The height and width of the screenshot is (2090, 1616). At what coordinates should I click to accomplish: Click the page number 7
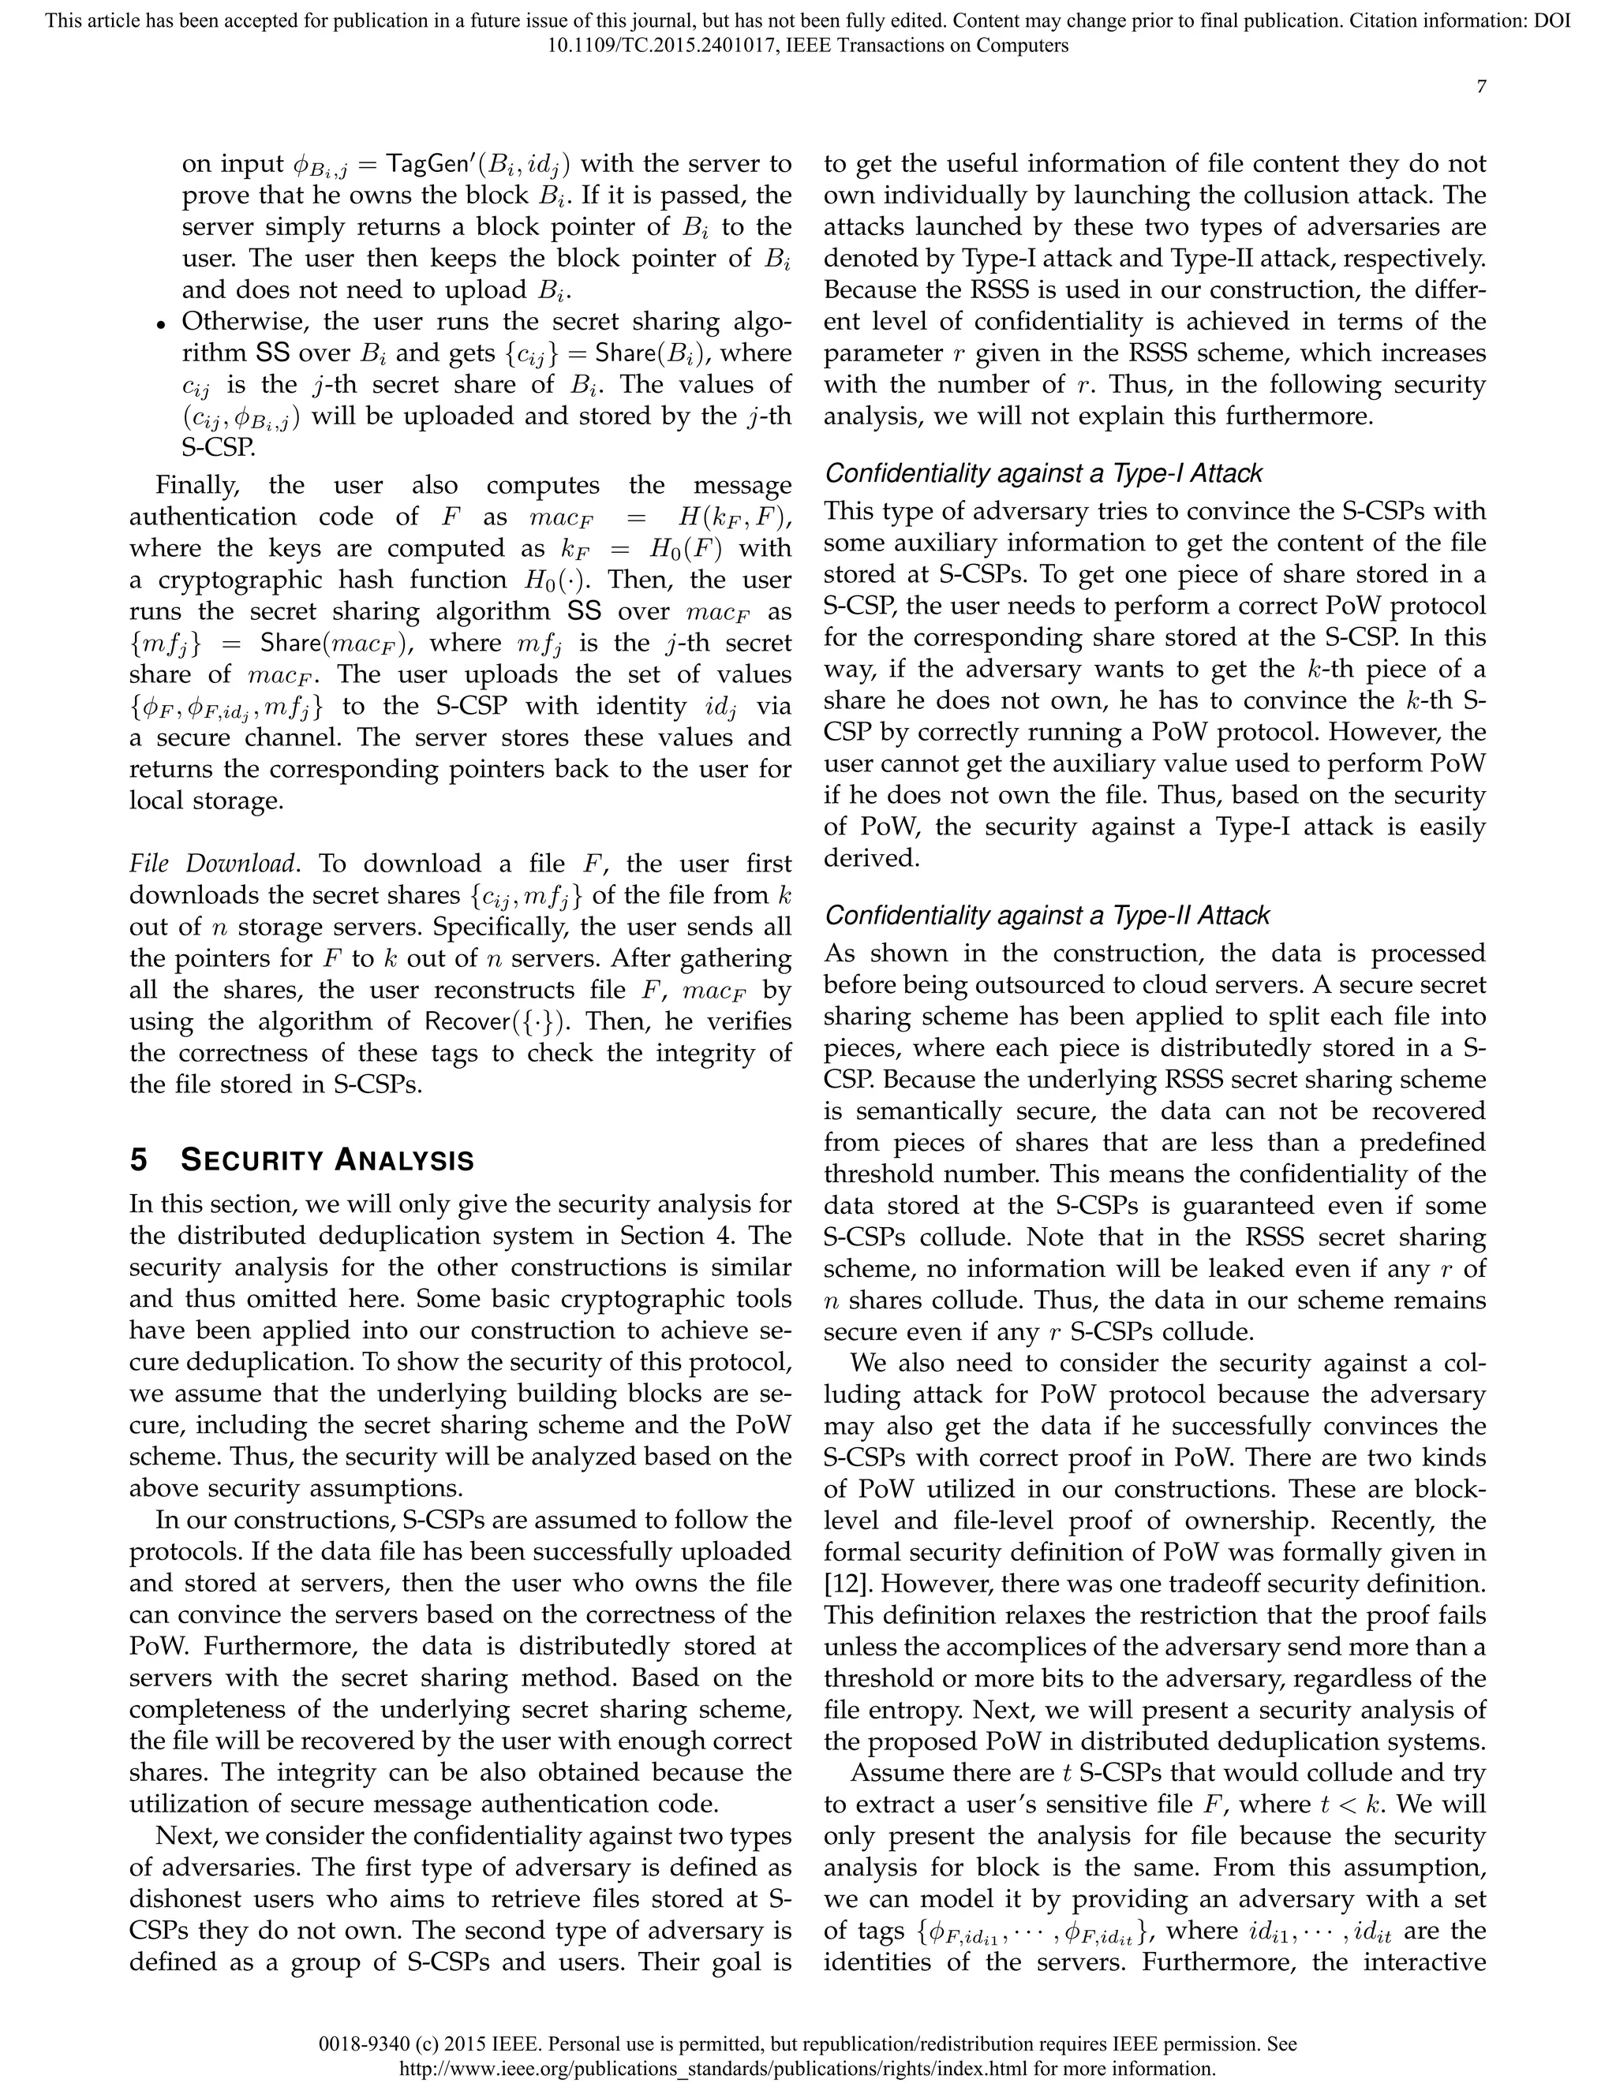tap(1480, 87)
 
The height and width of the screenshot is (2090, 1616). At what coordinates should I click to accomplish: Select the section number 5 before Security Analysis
tap(139, 1161)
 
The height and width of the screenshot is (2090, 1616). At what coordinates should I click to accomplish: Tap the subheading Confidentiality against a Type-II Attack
tap(1046, 916)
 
